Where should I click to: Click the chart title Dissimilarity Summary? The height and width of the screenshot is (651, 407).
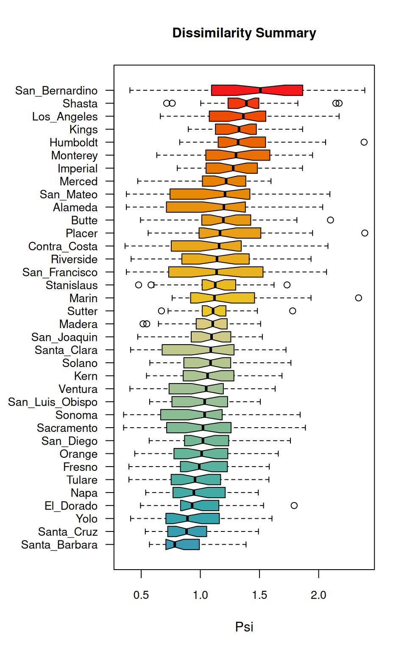pos(244,33)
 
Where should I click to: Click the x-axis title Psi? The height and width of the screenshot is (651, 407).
pos(244,626)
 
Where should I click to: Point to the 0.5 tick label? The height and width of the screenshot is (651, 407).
pos(141,595)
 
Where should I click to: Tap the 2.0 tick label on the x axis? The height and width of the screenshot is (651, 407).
pos(318,595)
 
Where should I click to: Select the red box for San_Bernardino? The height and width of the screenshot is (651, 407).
pos(257,90)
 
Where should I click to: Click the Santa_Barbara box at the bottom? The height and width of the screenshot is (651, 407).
pos(183,544)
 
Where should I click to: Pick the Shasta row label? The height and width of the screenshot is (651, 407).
pos(80,103)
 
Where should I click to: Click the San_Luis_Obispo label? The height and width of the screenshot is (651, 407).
pos(53,402)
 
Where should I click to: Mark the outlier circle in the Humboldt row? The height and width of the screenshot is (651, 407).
pos(364,142)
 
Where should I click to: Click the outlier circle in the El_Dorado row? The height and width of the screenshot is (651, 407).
pos(294,505)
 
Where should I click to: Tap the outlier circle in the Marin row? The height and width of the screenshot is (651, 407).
pos(358,298)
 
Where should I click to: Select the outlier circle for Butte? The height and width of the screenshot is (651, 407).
pos(330,220)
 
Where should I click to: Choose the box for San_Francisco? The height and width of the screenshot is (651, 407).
pos(216,272)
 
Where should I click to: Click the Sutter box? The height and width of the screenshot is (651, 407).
pos(214,311)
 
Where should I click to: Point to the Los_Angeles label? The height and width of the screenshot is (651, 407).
pos(65,117)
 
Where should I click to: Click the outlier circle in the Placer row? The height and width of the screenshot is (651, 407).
pos(365,233)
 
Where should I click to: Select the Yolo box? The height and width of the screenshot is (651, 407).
pos(192,518)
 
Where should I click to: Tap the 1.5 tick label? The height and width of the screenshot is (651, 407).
pos(259,595)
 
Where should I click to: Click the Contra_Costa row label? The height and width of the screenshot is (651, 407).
pos(63,246)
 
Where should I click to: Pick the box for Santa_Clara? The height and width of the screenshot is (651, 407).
pos(198,350)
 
